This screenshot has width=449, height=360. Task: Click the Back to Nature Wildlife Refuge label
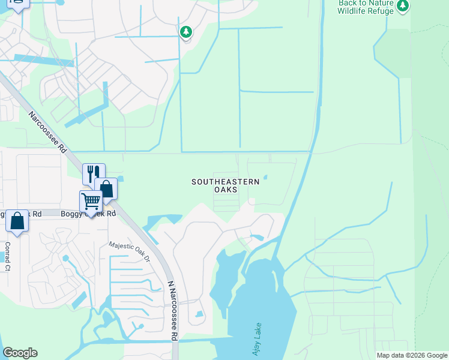(365, 7)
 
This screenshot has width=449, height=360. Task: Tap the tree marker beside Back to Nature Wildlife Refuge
(403, 6)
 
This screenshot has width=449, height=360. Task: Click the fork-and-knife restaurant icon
(93, 174)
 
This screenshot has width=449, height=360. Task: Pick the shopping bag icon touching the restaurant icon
(106, 188)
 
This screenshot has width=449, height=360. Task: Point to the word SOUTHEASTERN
(225, 181)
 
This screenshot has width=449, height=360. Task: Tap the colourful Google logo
(20, 353)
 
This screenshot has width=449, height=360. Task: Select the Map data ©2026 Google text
(411, 355)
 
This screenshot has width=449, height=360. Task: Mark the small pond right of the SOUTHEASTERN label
(265, 176)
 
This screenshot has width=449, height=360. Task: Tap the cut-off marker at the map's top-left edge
(18, 5)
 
